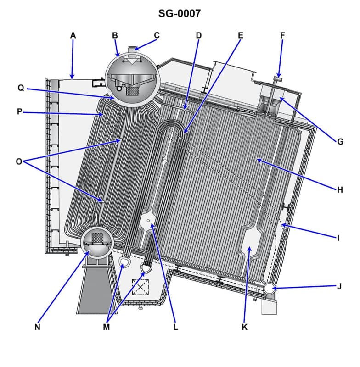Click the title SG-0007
click(x=180, y=13)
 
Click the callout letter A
click(x=73, y=35)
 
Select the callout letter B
click(x=115, y=35)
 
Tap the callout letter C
click(x=157, y=35)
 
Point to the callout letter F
click(x=281, y=35)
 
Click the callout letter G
click(x=340, y=142)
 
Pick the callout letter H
click(x=340, y=190)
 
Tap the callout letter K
click(x=244, y=327)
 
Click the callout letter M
click(x=107, y=327)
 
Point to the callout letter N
click(x=37, y=327)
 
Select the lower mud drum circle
click(x=97, y=242)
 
